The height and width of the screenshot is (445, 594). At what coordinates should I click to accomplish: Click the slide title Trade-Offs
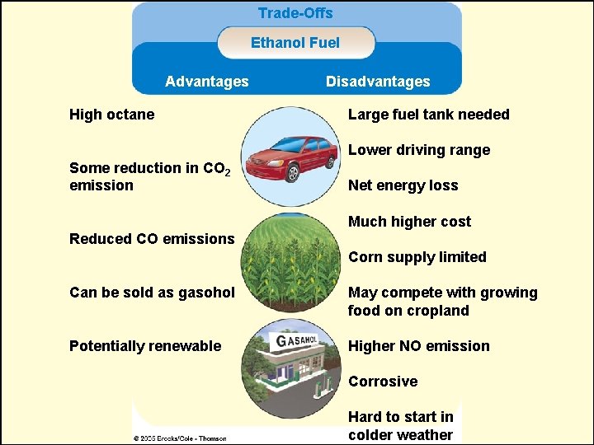click(295, 13)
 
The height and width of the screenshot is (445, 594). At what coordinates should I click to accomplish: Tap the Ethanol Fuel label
click(295, 43)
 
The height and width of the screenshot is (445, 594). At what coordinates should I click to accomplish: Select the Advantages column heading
click(206, 82)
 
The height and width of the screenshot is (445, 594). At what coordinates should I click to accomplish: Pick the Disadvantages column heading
click(378, 82)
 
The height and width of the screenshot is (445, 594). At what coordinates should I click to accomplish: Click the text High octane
click(111, 115)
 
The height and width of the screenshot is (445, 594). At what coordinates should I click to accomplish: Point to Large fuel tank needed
click(428, 115)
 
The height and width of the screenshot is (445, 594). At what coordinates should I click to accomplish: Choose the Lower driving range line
click(418, 150)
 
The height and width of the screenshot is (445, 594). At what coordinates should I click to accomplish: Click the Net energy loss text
click(403, 185)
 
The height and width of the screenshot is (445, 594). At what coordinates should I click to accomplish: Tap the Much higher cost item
click(409, 222)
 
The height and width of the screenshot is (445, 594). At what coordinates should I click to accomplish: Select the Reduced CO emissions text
click(152, 239)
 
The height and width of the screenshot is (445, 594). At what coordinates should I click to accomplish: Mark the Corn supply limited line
click(417, 257)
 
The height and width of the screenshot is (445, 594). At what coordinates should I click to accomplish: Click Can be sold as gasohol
click(152, 293)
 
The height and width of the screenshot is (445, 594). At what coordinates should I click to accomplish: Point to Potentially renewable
click(145, 346)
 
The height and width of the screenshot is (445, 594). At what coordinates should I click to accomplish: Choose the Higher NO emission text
click(418, 346)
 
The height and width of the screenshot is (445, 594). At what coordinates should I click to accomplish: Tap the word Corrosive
click(383, 382)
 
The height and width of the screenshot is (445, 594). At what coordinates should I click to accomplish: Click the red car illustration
click(294, 159)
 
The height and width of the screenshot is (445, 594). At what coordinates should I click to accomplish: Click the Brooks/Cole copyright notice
click(180, 438)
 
